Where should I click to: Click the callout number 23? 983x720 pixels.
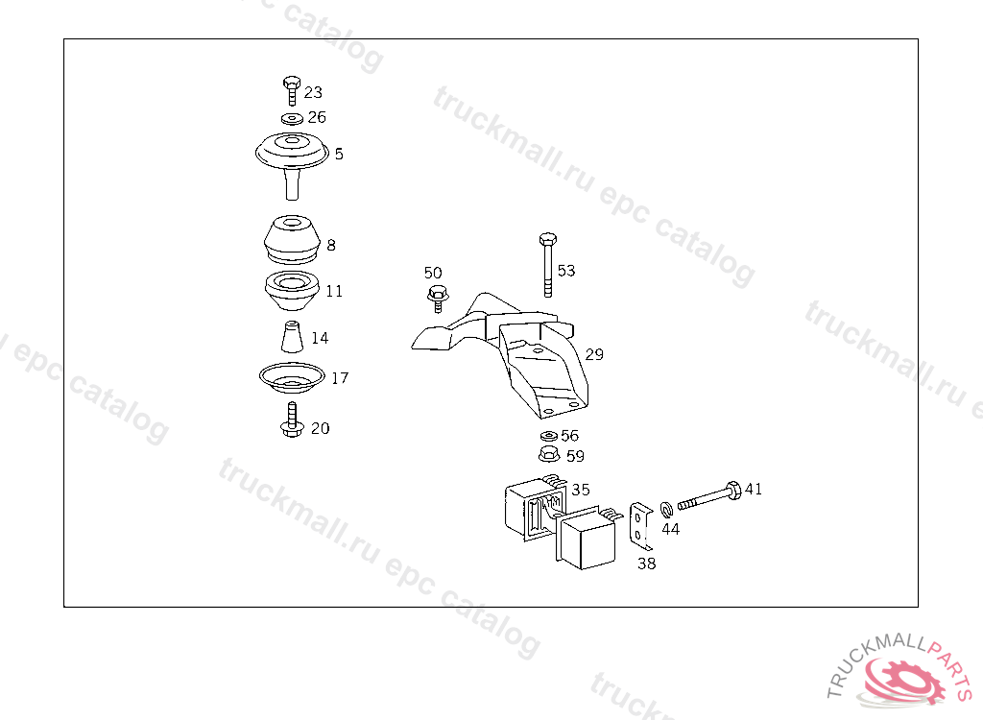tap(313, 92)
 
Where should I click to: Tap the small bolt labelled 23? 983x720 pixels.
tap(292, 91)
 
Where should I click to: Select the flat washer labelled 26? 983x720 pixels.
tap(292, 118)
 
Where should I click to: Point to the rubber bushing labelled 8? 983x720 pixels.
tap(292, 240)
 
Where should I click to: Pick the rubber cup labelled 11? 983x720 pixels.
tap(292, 290)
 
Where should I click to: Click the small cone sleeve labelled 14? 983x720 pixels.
tap(292, 337)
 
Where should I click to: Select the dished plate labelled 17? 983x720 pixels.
tap(292, 377)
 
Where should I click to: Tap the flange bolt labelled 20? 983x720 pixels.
tap(292, 420)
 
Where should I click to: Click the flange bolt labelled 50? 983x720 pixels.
tap(438, 299)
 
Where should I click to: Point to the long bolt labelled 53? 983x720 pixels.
tap(548, 265)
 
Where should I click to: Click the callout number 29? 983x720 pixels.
tap(594, 354)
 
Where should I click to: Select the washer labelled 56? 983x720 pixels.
tap(548, 436)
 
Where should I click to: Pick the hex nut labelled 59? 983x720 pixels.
tap(549, 454)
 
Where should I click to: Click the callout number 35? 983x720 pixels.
tap(581, 490)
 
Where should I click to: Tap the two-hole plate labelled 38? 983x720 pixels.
tap(640, 525)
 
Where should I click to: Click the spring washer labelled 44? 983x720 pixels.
tap(666, 509)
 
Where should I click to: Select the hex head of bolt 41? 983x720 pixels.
tap(732, 490)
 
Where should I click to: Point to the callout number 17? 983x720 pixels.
tap(340, 378)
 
